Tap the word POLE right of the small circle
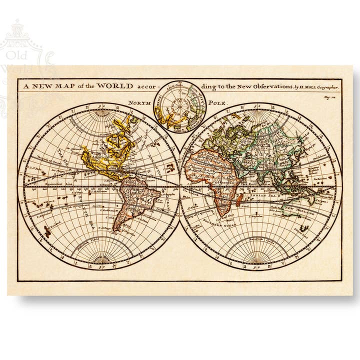[218, 103]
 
